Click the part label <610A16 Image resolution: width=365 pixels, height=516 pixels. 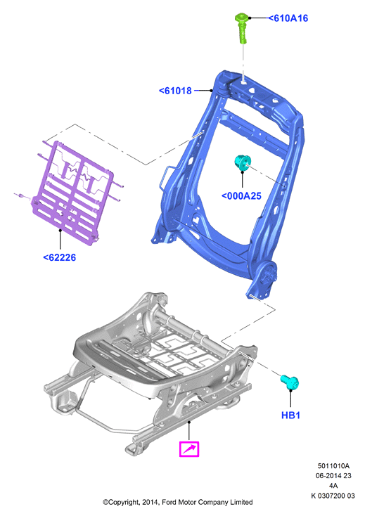coord(288,18)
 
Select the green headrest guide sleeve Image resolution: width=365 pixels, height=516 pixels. coord(241,28)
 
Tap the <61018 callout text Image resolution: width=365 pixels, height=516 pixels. coord(175,91)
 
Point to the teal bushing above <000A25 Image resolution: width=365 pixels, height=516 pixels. coord(243,162)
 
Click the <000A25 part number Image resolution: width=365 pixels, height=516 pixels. coord(242,196)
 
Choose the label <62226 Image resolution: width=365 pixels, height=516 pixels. coord(60,257)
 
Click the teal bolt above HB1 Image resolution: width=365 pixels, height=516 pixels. coord(290,382)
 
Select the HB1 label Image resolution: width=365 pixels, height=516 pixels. coord(290,415)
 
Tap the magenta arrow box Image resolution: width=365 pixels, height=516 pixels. coord(189,449)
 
